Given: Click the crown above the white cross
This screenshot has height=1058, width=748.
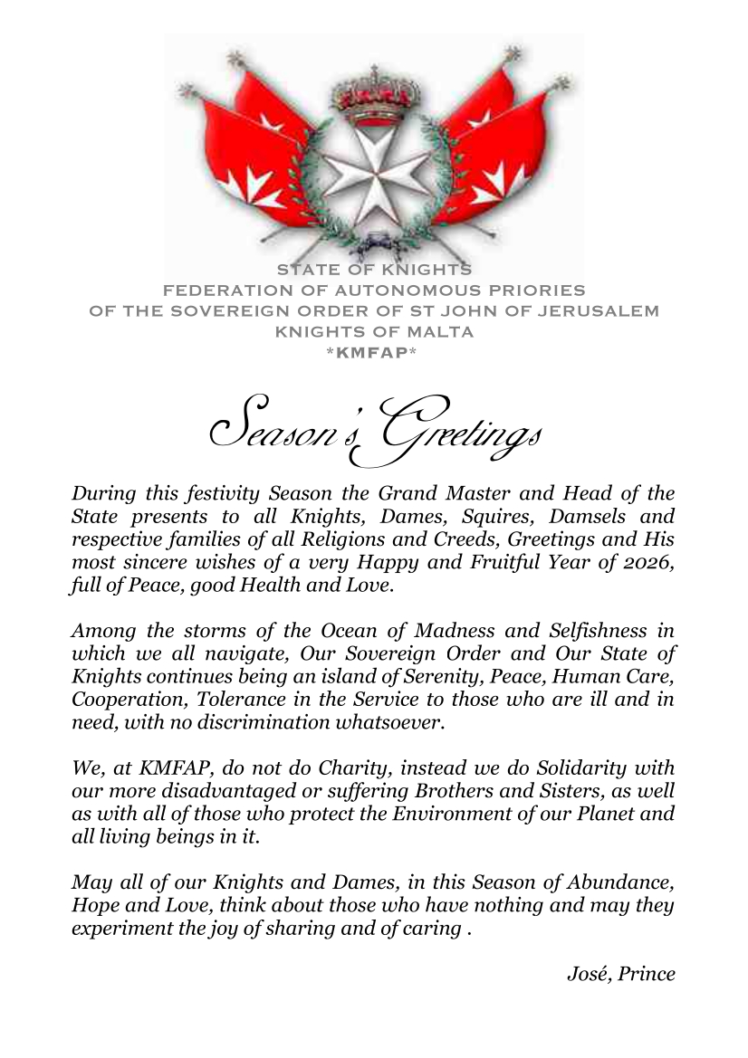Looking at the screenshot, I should click(x=372, y=100).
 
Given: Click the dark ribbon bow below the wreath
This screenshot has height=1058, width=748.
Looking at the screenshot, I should click(x=374, y=242).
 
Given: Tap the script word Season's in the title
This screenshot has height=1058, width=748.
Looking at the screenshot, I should click(x=285, y=431).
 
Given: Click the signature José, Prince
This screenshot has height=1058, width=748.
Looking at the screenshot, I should click(x=620, y=974).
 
